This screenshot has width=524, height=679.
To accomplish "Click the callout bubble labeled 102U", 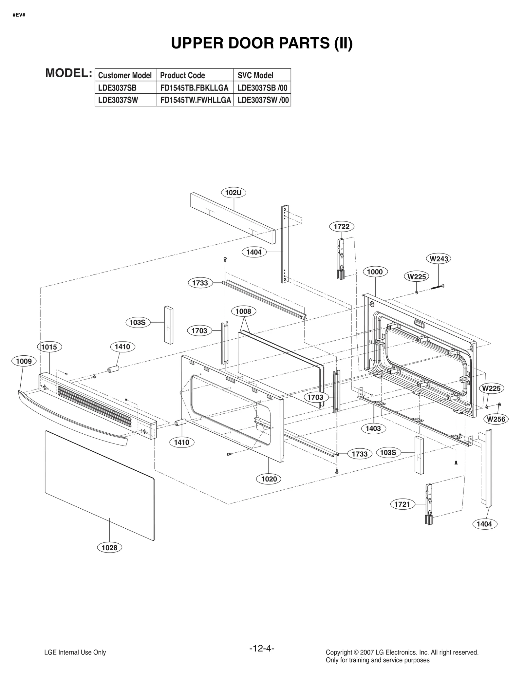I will point(234,193).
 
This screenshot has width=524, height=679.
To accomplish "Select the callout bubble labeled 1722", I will point(342,226).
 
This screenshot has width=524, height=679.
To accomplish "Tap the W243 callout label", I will point(439,259).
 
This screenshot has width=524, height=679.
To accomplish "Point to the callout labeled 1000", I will point(375,272).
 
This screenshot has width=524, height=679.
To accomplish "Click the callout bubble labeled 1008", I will point(243,311).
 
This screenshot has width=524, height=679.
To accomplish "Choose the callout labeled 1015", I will point(49,347).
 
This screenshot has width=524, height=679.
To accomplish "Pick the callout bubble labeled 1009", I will point(24,361).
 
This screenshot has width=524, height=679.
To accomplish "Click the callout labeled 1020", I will point(269,479).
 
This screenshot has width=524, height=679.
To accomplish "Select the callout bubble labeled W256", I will point(496,419).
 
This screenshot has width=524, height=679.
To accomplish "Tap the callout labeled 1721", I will point(402,504).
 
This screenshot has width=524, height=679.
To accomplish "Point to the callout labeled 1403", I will point(373,428).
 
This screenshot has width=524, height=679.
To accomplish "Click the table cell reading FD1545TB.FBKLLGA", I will point(194,88).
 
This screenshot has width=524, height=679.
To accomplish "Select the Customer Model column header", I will point(125,75).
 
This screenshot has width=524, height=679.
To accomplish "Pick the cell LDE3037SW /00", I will point(263,100).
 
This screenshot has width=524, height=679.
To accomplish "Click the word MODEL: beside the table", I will point(68,73).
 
